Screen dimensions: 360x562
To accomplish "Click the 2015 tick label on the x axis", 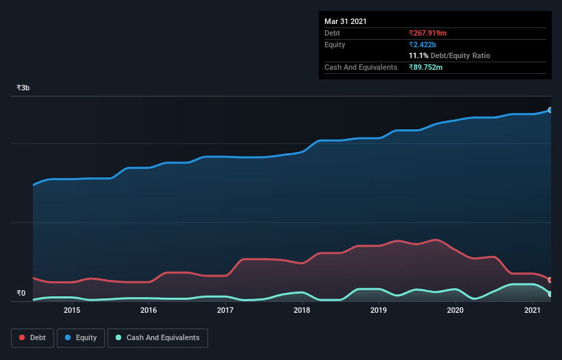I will point(72,310).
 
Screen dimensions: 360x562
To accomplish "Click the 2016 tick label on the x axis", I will point(149,310).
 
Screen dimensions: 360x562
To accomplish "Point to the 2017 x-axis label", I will point(225,310).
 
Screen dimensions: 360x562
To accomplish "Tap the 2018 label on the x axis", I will point(302,310).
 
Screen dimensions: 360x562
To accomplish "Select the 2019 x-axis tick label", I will point(379,310).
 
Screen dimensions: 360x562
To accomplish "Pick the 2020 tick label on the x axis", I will point(456,310).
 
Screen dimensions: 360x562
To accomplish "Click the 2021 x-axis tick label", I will point(533,310).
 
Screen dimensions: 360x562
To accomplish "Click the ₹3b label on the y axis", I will point(23,88).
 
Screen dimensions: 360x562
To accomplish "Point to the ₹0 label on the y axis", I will point(21,294).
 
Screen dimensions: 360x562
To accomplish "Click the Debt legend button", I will point(31,337).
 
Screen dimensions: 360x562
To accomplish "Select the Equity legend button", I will point(81,337).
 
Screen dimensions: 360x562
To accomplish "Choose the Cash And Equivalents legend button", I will point(157,337).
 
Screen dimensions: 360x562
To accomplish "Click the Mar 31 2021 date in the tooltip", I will point(346,21).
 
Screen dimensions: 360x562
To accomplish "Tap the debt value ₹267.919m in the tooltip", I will point(427,33).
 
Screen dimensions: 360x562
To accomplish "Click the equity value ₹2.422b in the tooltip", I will point(422,44).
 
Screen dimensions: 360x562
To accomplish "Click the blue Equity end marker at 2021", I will point(550,110).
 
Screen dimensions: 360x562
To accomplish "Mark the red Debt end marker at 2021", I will point(550,280).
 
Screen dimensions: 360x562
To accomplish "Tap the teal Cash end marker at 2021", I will point(550,294).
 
